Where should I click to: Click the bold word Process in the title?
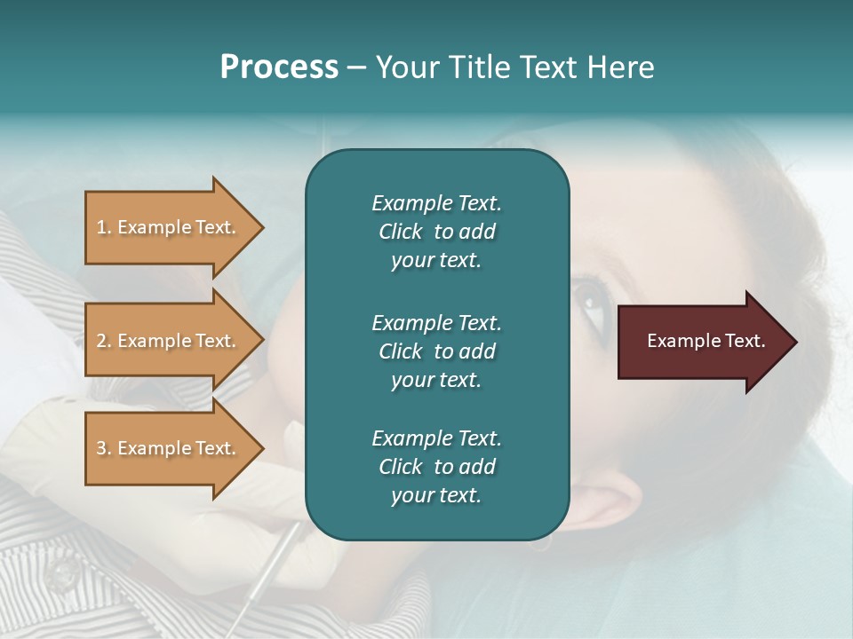tap(279, 67)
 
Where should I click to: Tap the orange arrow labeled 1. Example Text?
tap(169, 227)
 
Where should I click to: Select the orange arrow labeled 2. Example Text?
tap(169, 341)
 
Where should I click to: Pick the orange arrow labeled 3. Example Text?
tap(169, 448)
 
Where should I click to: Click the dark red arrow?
tap(693, 341)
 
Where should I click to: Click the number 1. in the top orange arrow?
tap(104, 227)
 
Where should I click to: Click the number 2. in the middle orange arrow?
tap(104, 341)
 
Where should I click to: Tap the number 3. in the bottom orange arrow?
tap(104, 448)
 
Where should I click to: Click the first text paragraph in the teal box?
tap(436, 232)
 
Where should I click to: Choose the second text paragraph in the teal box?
tap(436, 351)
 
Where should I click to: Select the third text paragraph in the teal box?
tap(436, 467)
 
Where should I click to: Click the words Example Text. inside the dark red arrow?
tap(706, 341)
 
